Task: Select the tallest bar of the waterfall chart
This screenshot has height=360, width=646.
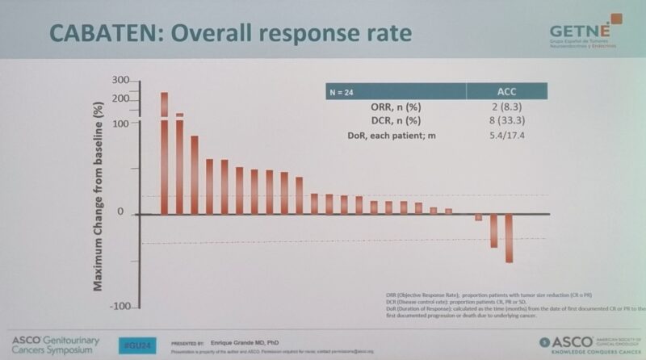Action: pos(165,153)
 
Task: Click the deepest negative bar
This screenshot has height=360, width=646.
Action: pos(509,238)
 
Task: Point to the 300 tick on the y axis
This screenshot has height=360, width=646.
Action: pos(121,81)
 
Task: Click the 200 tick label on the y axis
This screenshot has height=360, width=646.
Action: pos(121,98)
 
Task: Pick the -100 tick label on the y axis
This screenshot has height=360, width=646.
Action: pos(120,307)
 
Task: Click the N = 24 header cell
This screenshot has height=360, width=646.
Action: pos(341,92)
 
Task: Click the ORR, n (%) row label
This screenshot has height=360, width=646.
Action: pos(395,107)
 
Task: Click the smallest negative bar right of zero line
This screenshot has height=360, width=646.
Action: pos(479,217)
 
